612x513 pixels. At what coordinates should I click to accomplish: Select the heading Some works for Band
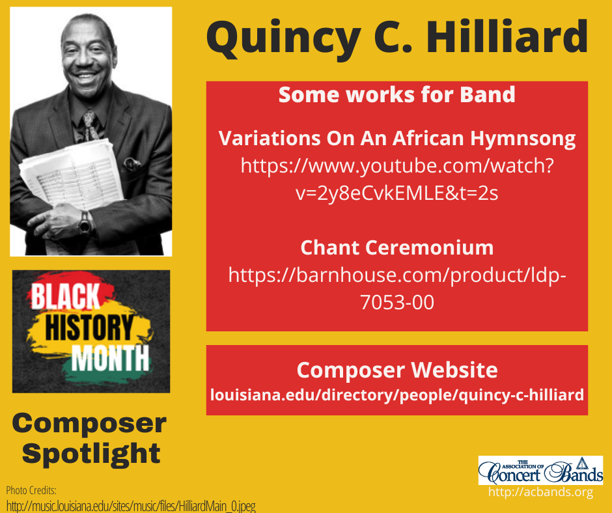396,95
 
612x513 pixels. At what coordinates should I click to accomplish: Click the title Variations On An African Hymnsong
396,138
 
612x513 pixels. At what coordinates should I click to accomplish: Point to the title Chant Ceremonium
396,247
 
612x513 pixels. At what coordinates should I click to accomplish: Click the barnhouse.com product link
396,288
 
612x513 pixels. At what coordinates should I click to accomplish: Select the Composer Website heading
396,370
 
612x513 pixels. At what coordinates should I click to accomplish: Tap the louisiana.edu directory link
396,395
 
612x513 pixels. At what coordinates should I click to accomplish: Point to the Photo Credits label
31,490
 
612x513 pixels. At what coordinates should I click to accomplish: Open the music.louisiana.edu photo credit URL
130,505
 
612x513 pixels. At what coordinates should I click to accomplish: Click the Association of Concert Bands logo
540,470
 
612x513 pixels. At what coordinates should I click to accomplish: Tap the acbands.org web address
540,493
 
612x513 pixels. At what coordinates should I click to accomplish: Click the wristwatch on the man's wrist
84,223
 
